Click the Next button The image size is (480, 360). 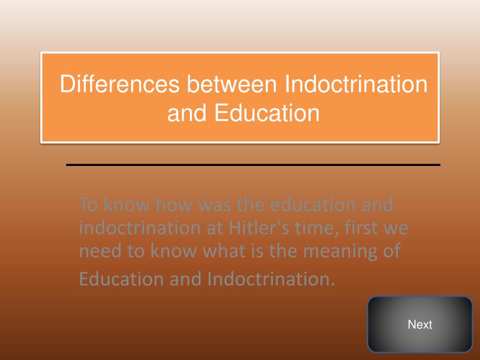coord(420,324)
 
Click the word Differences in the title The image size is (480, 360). coord(120,85)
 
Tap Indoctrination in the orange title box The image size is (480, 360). coord(356,85)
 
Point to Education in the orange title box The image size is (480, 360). coord(267,113)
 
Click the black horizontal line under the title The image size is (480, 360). coord(253,165)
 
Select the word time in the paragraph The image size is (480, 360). coord(310,228)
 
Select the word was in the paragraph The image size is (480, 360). coord(215,205)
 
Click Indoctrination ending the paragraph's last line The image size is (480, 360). coord(271,279)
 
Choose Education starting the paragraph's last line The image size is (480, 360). coord(121,279)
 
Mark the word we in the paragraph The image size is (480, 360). coord(396,228)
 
